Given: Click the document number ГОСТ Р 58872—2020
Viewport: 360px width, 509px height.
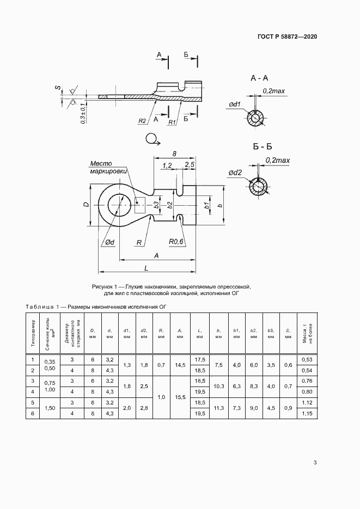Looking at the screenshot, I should click(287, 36).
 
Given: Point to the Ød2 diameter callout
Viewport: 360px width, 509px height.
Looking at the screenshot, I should click(235, 173).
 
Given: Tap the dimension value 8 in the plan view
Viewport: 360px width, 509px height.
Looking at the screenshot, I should click(174, 154).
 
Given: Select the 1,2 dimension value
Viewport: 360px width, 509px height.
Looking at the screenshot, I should click(167, 165).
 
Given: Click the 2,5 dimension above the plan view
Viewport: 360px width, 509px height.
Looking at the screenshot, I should click(190, 165).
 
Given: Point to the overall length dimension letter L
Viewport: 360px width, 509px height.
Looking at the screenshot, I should click(147, 268).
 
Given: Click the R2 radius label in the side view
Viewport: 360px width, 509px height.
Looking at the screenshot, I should click(142, 120).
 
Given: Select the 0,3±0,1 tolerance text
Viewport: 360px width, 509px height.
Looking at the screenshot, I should click(82, 115).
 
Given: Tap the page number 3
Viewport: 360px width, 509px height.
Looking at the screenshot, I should click(315, 463).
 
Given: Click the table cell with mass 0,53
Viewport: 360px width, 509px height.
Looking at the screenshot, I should click(306, 360).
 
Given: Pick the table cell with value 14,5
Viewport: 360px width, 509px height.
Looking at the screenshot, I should click(179, 365).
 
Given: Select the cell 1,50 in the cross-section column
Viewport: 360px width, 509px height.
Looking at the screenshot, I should click(50, 408).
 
